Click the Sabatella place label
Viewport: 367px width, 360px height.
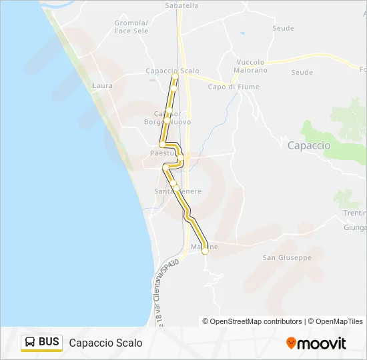(181, 5)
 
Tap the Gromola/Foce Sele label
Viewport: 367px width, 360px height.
(131, 26)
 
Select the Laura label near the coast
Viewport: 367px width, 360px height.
(103, 85)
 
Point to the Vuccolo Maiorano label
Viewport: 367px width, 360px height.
(252, 66)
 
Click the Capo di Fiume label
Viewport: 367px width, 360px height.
(234, 87)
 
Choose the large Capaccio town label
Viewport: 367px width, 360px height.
(308, 145)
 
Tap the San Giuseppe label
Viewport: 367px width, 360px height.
(287, 257)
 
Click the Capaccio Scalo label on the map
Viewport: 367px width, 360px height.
(172, 71)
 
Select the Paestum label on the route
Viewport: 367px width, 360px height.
(163, 153)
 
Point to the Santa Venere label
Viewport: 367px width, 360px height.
(177, 191)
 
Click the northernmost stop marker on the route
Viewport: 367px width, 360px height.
(175, 76)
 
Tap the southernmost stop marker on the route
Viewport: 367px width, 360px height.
(205, 251)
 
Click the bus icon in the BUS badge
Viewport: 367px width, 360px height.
(30, 343)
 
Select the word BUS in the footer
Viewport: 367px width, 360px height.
(49, 343)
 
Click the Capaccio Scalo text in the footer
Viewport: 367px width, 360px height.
(105, 343)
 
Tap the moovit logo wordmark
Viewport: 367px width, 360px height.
(322, 343)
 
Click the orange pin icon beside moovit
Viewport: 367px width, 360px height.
(291, 343)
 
